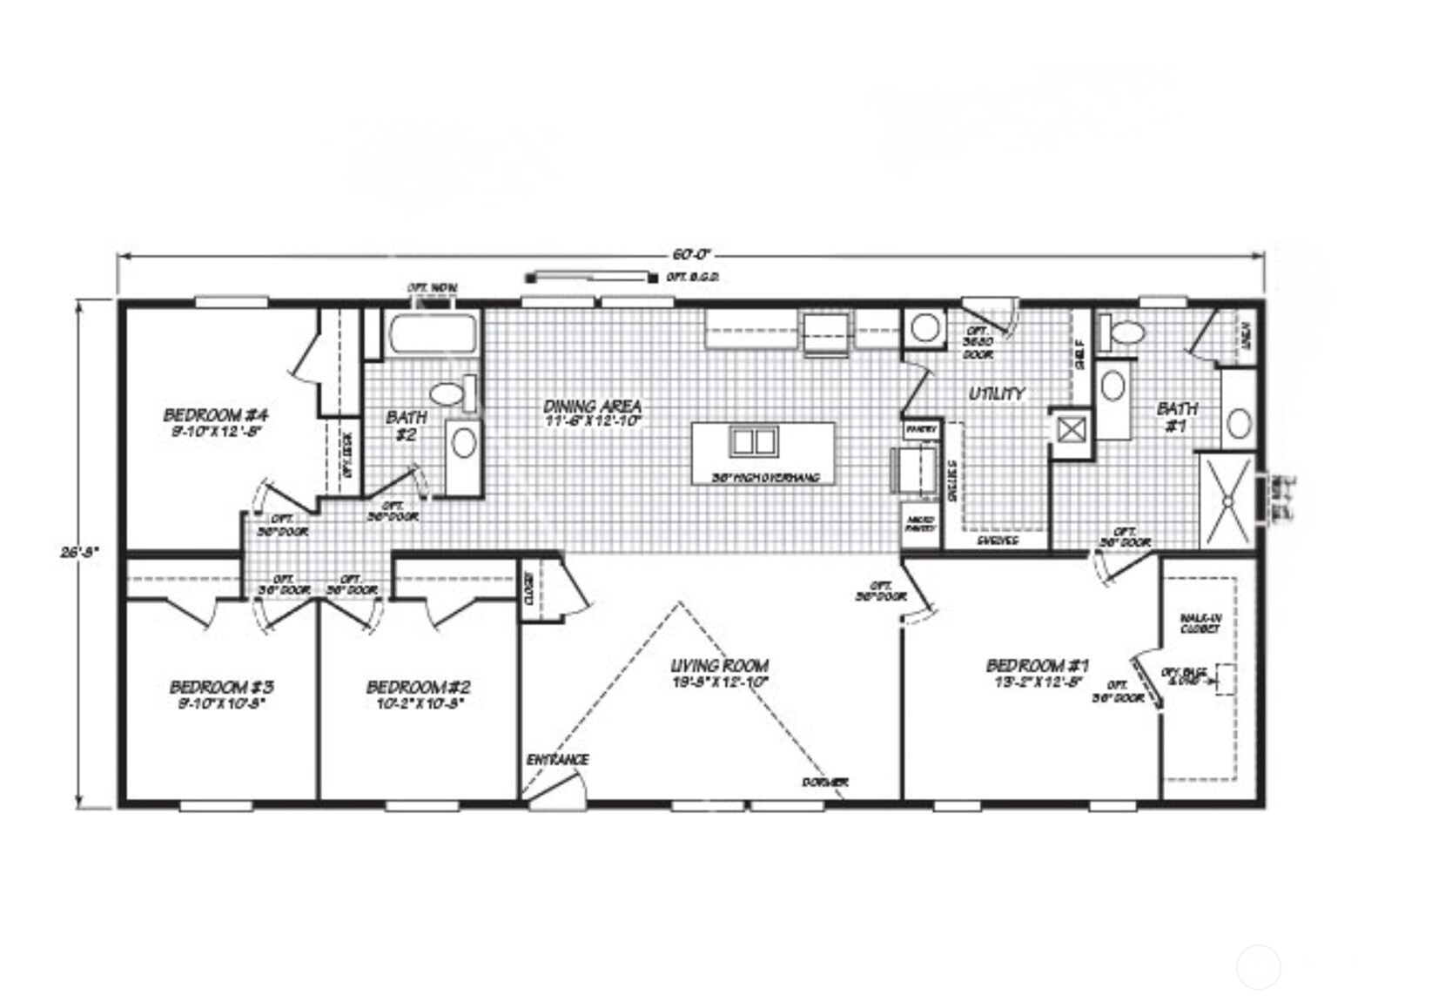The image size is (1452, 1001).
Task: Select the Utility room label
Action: click(997, 394)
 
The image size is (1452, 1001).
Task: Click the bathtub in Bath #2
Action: click(433, 334)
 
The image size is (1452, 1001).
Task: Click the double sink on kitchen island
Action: click(753, 442)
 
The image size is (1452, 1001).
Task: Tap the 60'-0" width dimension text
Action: click(691, 255)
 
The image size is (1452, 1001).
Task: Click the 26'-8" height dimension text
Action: click(80, 551)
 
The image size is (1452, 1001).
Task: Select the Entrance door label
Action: click(557, 760)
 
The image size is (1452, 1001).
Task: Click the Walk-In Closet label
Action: click(1201, 622)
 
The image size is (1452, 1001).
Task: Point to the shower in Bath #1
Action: click(1227, 501)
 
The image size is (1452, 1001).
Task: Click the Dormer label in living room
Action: click(824, 783)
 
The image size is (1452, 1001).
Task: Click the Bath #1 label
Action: click(1176, 415)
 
